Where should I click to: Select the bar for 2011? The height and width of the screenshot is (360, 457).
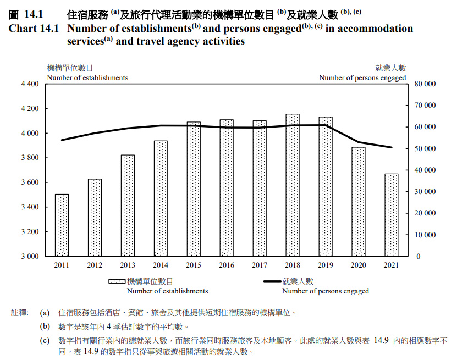(x=62, y=225)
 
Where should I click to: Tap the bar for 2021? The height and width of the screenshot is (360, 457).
(x=391, y=215)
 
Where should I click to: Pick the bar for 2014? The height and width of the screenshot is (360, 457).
(x=161, y=198)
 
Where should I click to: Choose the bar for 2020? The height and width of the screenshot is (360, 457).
(x=359, y=202)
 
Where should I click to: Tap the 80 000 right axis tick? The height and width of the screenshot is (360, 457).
(x=425, y=84)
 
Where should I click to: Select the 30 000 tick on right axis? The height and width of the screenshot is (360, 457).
(x=425, y=192)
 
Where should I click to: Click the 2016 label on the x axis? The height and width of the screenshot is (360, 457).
(x=227, y=266)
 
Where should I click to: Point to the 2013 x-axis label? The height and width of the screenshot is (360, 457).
(x=128, y=266)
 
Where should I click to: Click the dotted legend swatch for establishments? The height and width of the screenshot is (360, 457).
(x=117, y=281)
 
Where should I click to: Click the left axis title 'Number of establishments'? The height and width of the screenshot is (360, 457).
(x=87, y=78)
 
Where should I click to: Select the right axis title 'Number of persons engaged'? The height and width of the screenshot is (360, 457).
(x=362, y=78)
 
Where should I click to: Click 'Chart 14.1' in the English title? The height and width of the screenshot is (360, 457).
(x=34, y=29)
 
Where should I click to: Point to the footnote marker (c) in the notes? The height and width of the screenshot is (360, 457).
(x=45, y=341)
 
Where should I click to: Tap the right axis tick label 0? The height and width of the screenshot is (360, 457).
(x=417, y=257)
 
